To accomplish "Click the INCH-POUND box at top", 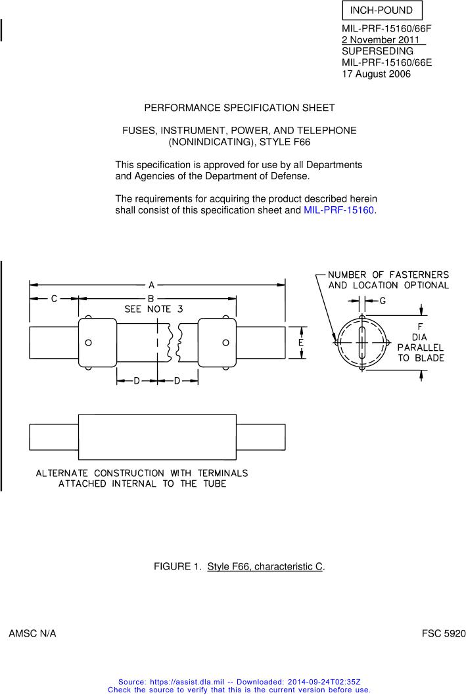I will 381,11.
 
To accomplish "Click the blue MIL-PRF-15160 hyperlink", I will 338,210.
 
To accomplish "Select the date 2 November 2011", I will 383,40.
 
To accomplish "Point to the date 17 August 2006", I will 376,74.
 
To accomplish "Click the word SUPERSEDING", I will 377,51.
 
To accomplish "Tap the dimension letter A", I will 151,285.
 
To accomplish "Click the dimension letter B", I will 151,298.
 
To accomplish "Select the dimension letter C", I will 55,298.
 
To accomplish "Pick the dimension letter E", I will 300,342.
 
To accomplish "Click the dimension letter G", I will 383,300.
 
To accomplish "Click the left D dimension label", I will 137,381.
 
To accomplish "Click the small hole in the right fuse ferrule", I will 225,342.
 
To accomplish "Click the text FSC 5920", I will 443,634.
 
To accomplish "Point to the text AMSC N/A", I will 32,634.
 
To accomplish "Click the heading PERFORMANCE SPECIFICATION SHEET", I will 239,108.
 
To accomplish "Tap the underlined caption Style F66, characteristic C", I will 265,566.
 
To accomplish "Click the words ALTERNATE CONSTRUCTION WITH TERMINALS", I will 142,473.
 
